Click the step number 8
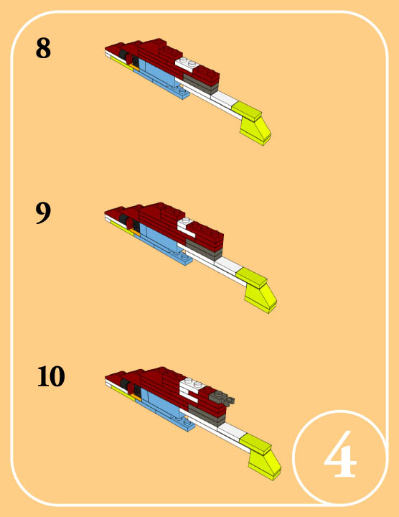pyautogui.click(x=43, y=48)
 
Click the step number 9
pyautogui.click(x=43, y=213)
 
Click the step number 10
pyautogui.click(x=51, y=376)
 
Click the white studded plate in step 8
pyautogui.click(x=187, y=64)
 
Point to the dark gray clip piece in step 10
pyautogui.click(x=224, y=398)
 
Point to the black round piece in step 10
pyautogui.click(x=125, y=384)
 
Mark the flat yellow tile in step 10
pyautogui.click(x=255, y=444)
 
